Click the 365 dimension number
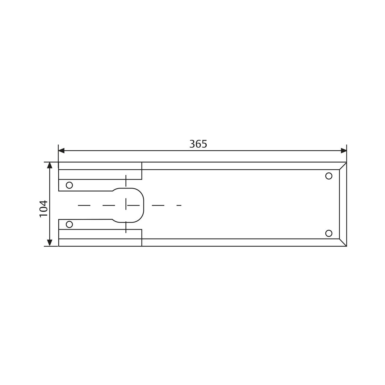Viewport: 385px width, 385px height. pos(198,144)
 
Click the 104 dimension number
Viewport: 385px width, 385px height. pos(44,208)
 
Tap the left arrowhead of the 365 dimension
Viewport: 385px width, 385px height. pos(61,151)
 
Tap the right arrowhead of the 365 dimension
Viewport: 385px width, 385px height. pos(344,151)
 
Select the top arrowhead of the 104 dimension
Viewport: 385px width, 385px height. pos(50,165)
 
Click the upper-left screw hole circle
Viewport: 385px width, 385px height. pos(69,185)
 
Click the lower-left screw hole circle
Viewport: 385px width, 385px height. pos(69,224)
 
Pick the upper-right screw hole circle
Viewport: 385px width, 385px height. pos(329,176)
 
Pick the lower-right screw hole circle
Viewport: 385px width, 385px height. pos(329,233)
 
